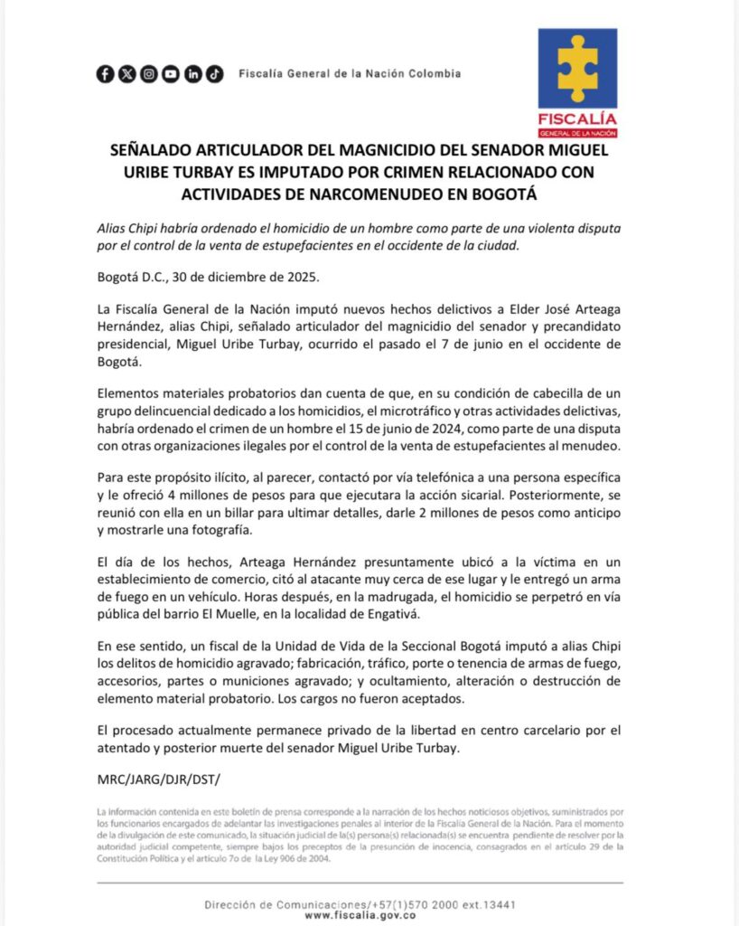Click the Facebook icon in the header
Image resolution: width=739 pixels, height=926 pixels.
(105, 74)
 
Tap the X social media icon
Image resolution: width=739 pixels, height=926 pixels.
(126, 74)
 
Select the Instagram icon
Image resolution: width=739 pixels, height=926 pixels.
(148, 74)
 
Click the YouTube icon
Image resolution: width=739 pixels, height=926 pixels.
(171, 74)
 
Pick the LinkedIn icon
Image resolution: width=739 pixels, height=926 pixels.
(192, 74)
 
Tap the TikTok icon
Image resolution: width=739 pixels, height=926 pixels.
(214, 74)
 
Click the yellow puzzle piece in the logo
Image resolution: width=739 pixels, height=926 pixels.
(577, 67)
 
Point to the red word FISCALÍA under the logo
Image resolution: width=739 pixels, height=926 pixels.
(577, 119)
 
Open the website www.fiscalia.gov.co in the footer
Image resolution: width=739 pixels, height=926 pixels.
(369, 916)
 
